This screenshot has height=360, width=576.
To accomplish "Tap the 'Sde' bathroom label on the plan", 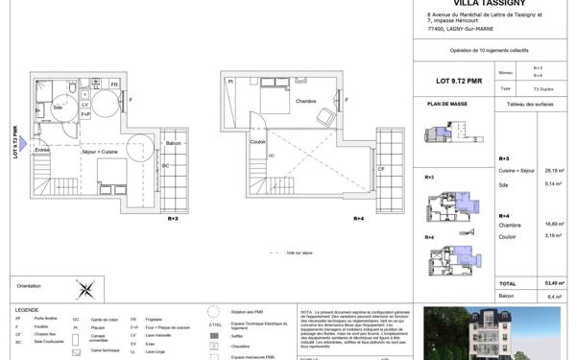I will (58, 108).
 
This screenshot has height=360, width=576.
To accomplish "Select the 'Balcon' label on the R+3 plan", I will (173, 143).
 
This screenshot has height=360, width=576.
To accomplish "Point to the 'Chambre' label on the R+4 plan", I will (305, 101).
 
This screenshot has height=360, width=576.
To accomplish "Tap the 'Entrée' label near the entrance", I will (42, 150).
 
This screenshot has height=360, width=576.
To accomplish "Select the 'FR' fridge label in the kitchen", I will (114, 84).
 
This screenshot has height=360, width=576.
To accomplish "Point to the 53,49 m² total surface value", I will (555, 283).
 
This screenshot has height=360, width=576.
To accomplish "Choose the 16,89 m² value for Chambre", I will (555, 224).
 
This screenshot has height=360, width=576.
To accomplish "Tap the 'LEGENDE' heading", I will (27, 309).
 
